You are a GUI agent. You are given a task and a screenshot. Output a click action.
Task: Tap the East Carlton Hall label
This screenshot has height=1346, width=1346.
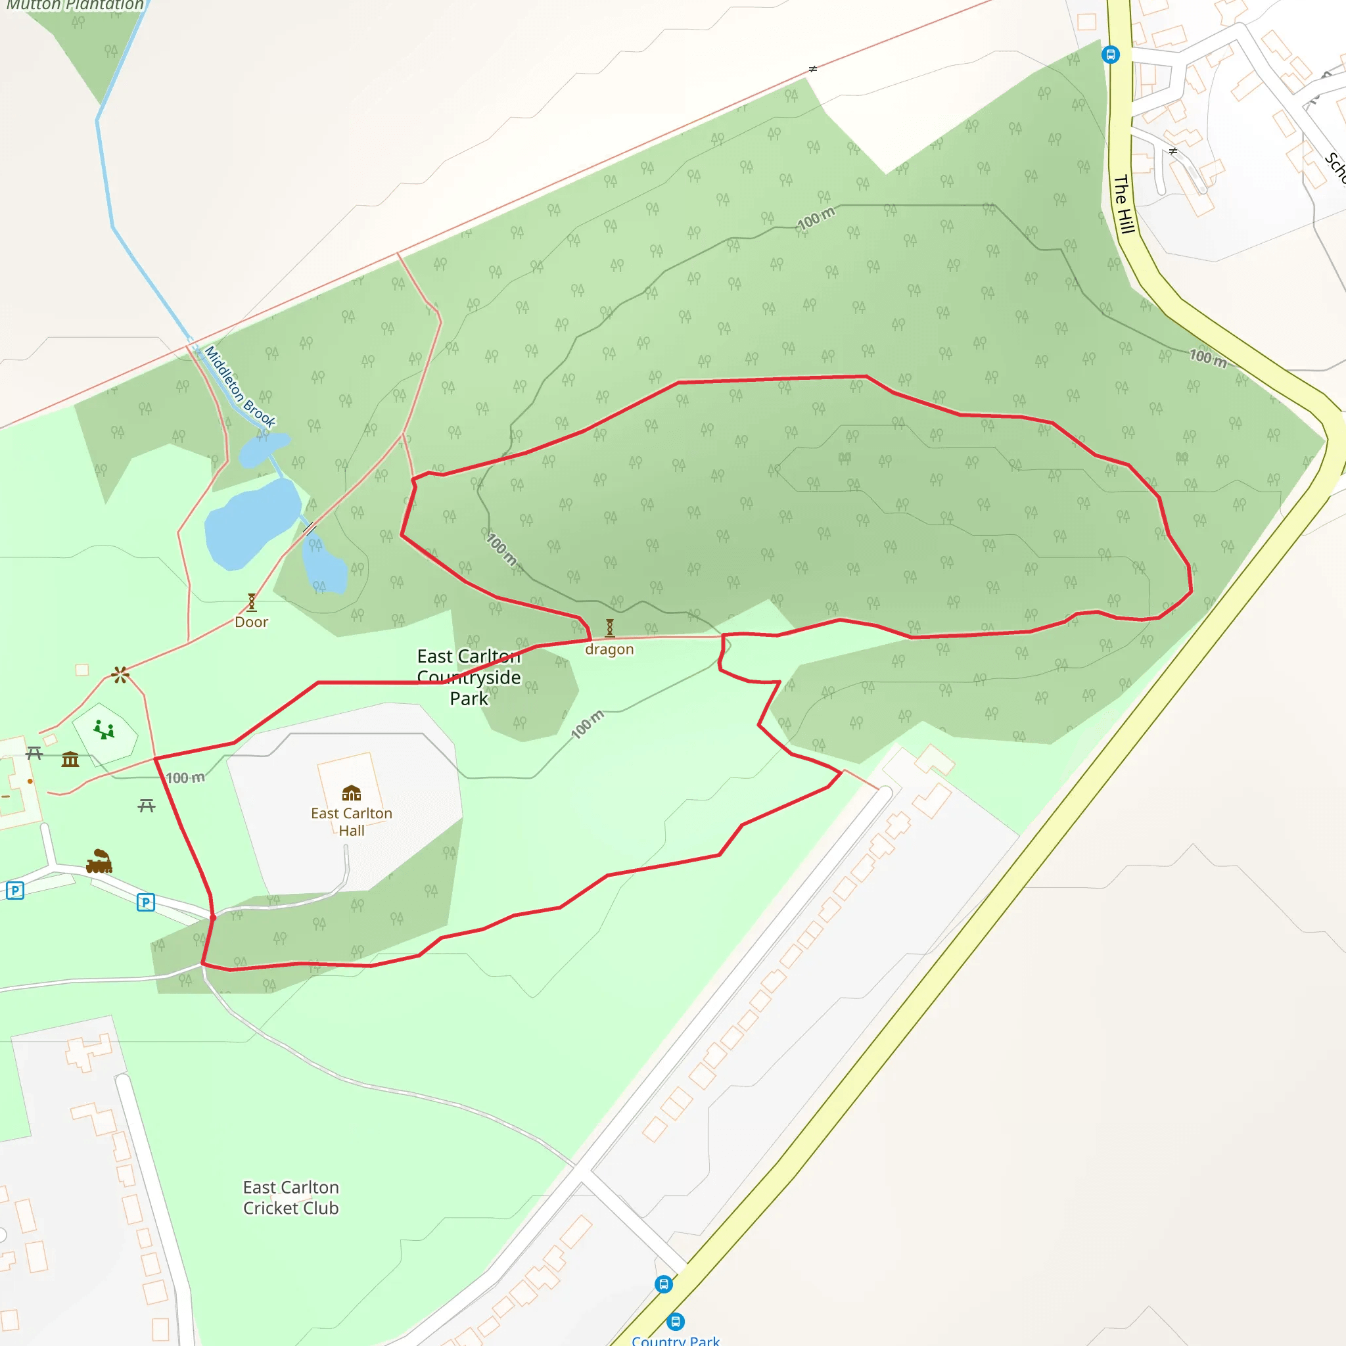coord(351,822)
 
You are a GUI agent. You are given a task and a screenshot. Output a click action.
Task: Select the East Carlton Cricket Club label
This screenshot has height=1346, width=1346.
coord(290,1197)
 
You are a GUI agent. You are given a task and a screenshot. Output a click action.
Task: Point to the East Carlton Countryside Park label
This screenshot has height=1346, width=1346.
coord(469,677)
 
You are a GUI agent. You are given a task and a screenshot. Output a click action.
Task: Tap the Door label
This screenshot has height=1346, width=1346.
coord(251,622)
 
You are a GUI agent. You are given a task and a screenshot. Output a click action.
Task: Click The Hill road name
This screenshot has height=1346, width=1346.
coord(1123,204)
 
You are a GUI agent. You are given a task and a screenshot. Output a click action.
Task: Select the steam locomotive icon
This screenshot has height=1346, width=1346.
coord(99,862)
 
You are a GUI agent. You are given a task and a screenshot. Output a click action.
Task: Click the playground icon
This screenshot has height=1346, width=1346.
coord(104,730)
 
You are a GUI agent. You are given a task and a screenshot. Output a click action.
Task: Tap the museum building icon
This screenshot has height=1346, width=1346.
coord(70,759)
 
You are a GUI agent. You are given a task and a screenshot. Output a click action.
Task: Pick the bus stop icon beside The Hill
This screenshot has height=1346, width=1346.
coord(1111,55)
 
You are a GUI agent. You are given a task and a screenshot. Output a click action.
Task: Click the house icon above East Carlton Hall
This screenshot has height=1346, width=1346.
coord(351,793)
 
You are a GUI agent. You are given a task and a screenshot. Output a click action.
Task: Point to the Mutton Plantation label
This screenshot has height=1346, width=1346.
coord(75,5)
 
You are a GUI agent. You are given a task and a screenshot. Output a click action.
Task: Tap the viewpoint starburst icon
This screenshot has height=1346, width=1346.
coord(120,674)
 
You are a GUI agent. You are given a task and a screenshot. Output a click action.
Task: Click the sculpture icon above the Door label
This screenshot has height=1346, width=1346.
coord(252,602)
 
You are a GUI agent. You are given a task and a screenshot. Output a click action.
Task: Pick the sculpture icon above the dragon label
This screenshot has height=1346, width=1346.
coord(610,628)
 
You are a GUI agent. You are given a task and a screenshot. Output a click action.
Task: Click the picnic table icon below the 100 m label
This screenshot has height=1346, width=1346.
coord(147,806)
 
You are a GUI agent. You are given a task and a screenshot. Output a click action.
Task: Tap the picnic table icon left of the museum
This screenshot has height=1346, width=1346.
coord(34,753)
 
